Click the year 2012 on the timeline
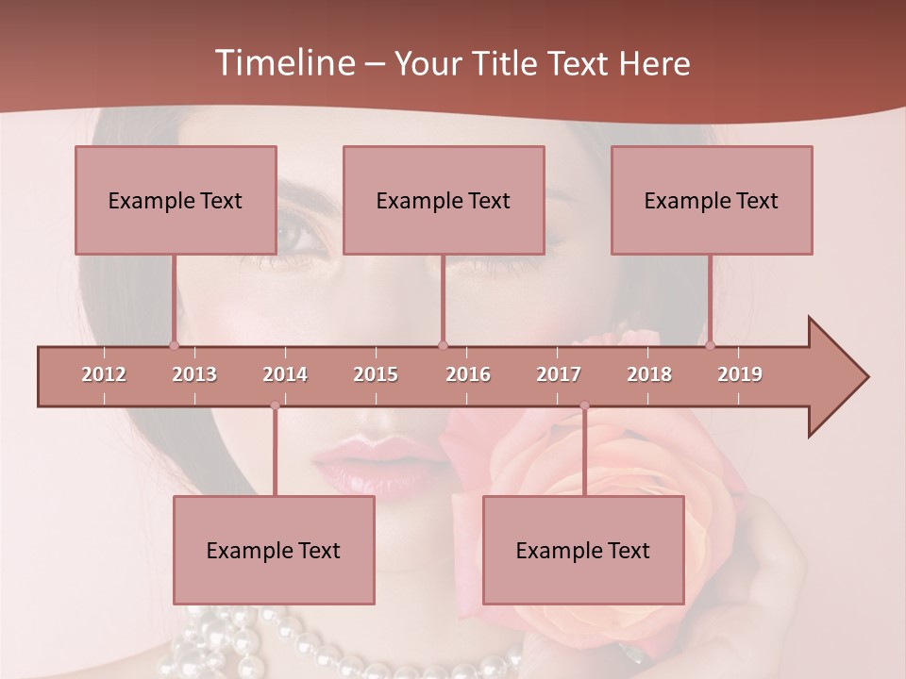pos(104,374)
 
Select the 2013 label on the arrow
pos(194,374)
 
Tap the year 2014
pos(285,374)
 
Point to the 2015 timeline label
pos(376,374)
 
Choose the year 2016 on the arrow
pos(468,374)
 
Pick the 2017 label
pos(559,374)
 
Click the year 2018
pos(649,374)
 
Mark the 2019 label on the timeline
pos(740,374)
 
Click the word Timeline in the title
pos(282,63)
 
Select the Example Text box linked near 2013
pos(176,200)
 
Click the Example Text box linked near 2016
pos(444,200)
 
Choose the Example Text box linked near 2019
pos(712,200)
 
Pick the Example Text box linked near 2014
pos(274,550)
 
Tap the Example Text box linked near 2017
pos(583,550)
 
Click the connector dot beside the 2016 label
pos(444,345)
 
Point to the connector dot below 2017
pos(584,406)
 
